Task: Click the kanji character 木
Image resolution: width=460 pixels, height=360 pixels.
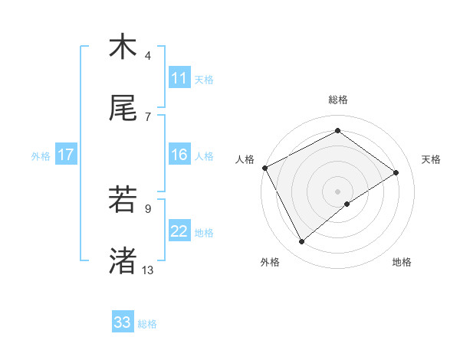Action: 123,47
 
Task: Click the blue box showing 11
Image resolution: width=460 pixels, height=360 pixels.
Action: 179,78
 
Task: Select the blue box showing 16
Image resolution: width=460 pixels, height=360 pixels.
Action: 179,155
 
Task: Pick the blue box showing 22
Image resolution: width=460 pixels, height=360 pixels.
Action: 179,231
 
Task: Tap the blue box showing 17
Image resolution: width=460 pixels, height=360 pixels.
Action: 66,155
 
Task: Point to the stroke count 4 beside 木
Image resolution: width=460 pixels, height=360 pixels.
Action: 148,56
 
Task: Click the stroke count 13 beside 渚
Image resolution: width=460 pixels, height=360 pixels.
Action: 148,270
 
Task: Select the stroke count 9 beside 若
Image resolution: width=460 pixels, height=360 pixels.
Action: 148,208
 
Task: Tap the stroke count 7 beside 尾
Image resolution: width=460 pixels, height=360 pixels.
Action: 148,116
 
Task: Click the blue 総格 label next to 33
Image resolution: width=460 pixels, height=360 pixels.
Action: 148,324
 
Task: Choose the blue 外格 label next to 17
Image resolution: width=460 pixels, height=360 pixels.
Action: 41,156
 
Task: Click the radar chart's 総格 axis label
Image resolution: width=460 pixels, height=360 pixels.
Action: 338,100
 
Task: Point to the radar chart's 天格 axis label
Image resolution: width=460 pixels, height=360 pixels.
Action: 432,159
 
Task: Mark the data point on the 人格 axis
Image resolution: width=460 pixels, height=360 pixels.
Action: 264,168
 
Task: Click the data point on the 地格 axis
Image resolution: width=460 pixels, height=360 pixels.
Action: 347,204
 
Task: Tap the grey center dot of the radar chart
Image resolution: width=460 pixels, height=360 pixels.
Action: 338,191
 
